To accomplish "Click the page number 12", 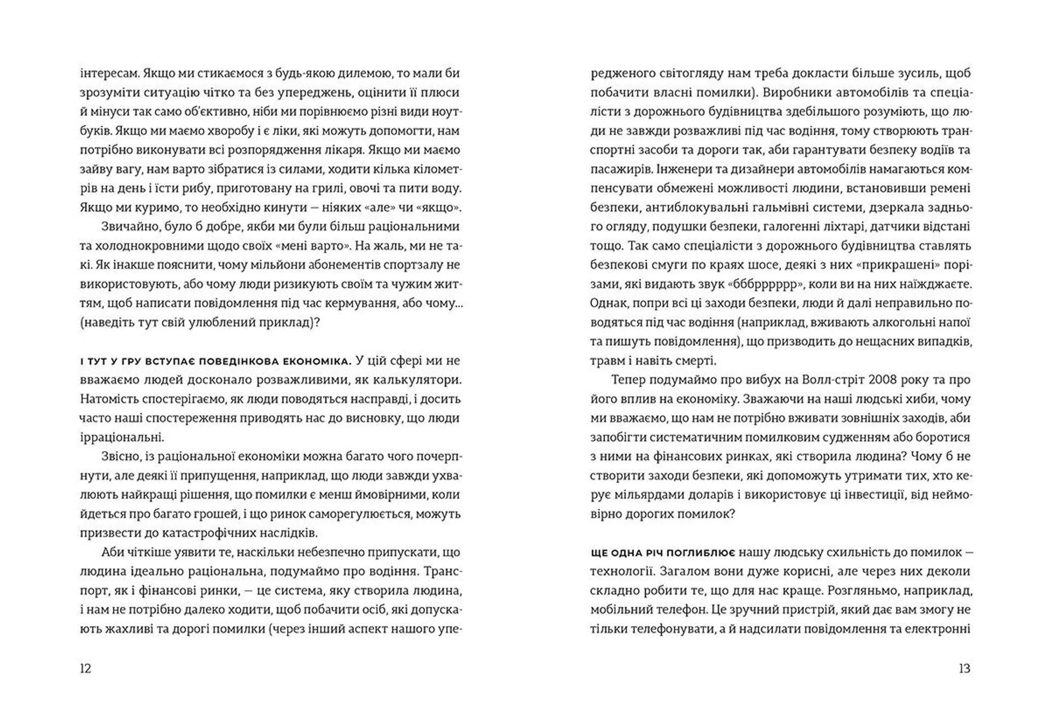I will point(85,668).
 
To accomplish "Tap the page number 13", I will point(964,668).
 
